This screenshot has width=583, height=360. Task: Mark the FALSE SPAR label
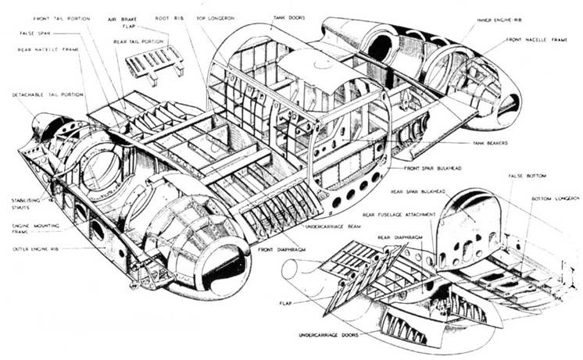pyautogui.click(x=34, y=35)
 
